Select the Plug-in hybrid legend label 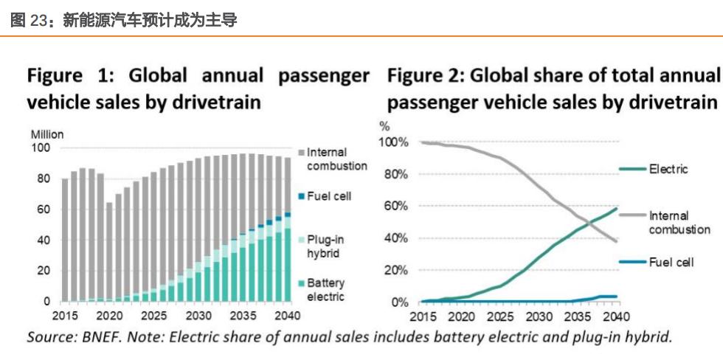pyautogui.click(x=325, y=246)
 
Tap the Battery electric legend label pyautogui.click(x=325, y=290)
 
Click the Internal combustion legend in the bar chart pyautogui.click(x=336, y=159)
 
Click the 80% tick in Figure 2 pyautogui.click(x=395, y=174)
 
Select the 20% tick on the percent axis pyautogui.click(x=395, y=270)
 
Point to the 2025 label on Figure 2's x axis pyautogui.click(x=499, y=316)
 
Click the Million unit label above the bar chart pyautogui.click(x=46, y=134)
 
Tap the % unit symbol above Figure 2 pyautogui.click(x=384, y=127)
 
